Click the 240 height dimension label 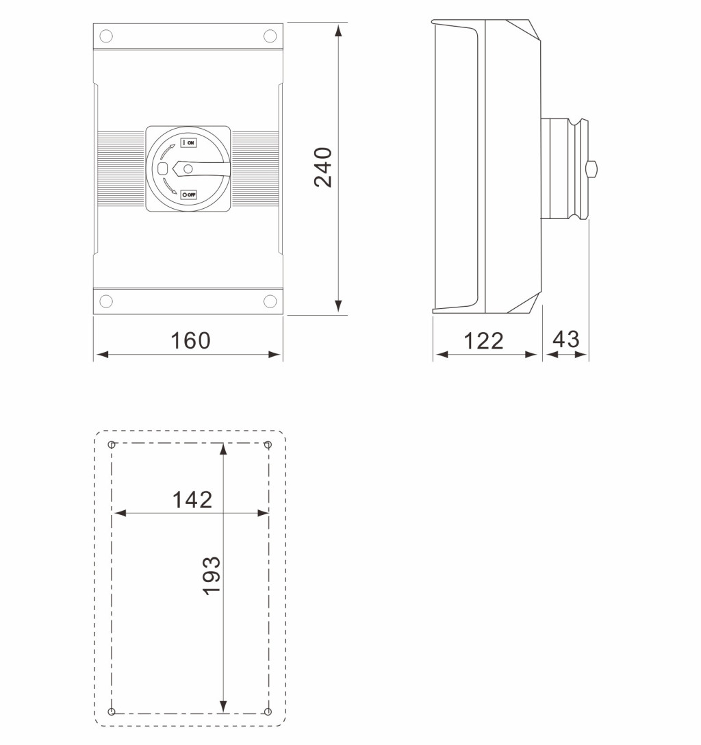click(x=323, y=167)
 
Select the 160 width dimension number click(x=190, y=341)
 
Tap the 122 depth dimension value click(x=483, y=341)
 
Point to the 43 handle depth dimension click(x=566, y=339)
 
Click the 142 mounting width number click(x=192, y=500)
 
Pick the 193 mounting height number click(x=212, y=575)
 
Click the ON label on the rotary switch click(x=188, y=142)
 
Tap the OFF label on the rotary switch click(x=188, y=194)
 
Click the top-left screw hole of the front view click(x=106, y=36)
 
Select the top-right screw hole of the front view click(x=270, y=36)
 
